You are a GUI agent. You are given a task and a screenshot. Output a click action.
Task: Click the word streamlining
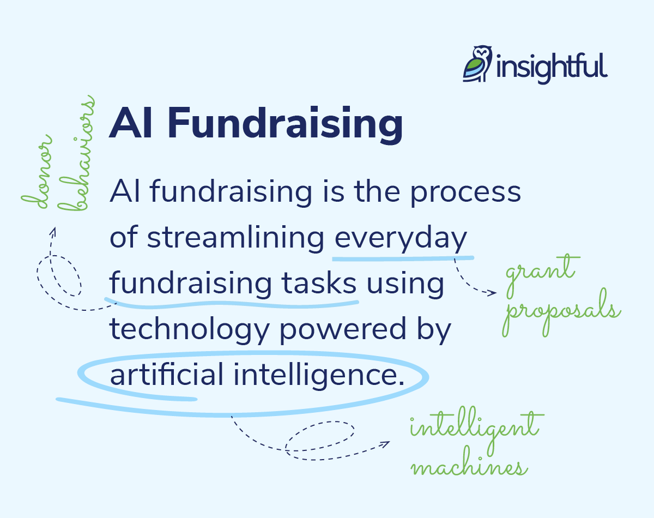click(x=236, y=238)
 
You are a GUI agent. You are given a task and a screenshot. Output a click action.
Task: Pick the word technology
click(x=190, y=330)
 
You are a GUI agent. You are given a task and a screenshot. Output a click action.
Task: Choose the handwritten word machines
click(x=469, y=467)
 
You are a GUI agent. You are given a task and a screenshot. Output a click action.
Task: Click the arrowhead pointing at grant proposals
click(x=493, y=293)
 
